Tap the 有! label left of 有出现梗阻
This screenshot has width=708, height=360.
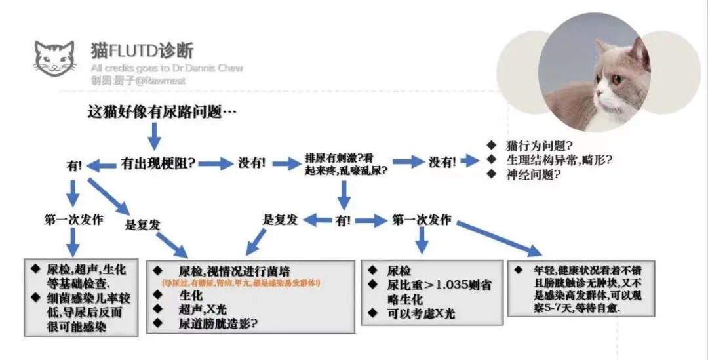[74, 165]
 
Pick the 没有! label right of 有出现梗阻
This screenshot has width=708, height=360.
[251, 163]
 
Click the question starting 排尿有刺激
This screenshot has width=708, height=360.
[345, 163]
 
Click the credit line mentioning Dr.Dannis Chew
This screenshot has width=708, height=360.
[167, 68]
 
